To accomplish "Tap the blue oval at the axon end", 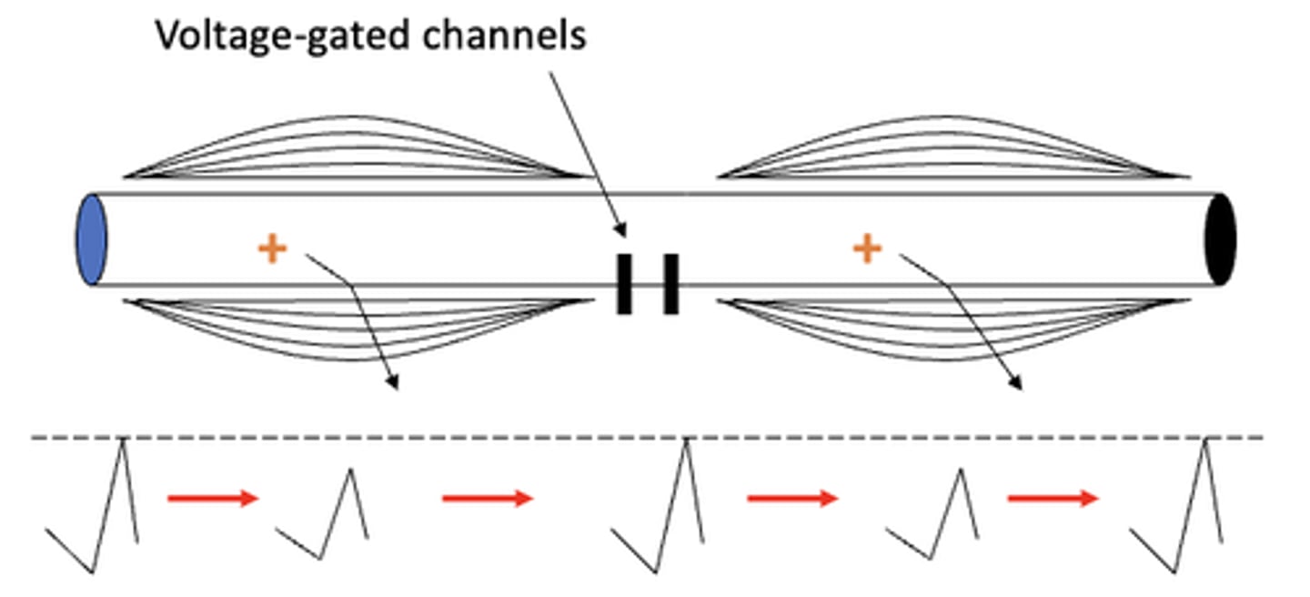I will (91, 238).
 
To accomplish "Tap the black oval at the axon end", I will (1220, 238).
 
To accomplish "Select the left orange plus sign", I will (272, 248).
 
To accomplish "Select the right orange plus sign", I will (868, 248).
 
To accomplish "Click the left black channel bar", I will (624, 284).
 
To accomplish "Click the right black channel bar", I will (670, 284).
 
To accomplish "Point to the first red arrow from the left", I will (213, 498).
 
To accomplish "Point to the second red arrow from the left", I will (488, 498).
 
